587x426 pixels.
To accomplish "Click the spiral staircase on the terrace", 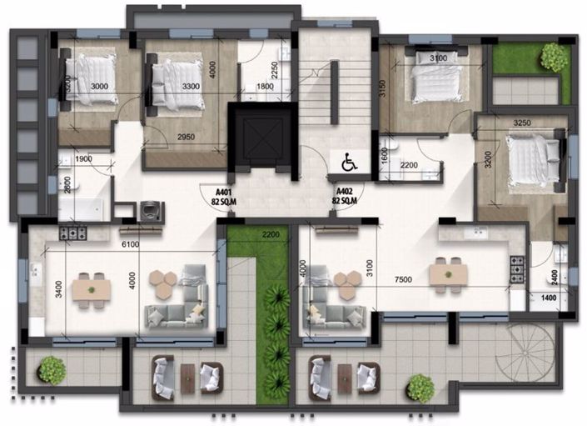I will pos(524,355).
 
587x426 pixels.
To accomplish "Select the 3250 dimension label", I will pos(523,122).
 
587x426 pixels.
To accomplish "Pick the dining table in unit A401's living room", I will pos(91,288).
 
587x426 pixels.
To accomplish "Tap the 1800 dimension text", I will pos(264,85).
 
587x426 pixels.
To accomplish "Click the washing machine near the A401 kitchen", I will pos(152,211).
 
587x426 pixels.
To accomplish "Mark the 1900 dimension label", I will pos(83,159).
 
